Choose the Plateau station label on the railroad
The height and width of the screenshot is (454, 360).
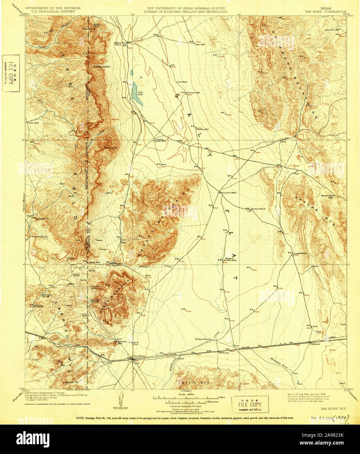click(x=315, y=344)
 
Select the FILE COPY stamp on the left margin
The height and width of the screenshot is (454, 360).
click(x=11, y=73)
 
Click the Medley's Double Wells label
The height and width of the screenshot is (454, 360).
click(x=229, y=259)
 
